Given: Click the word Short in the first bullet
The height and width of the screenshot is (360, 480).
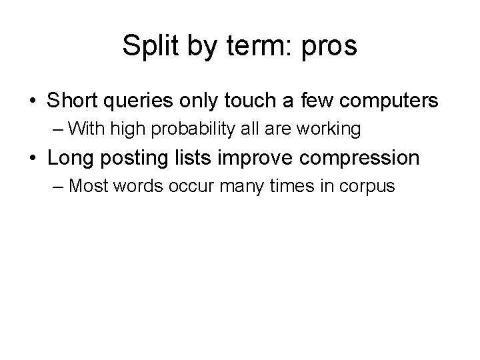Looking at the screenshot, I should (x=72, y=101).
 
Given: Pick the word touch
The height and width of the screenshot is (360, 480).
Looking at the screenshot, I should (x=256, y=101).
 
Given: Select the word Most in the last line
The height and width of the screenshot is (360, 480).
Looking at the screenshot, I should (x=89, y=186).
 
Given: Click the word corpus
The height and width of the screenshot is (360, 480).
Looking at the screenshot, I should (x=370, y=186).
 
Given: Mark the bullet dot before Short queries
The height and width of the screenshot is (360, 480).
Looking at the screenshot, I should (x=33, y=101).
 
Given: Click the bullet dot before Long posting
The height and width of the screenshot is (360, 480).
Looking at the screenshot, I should (x=33, y=159).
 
